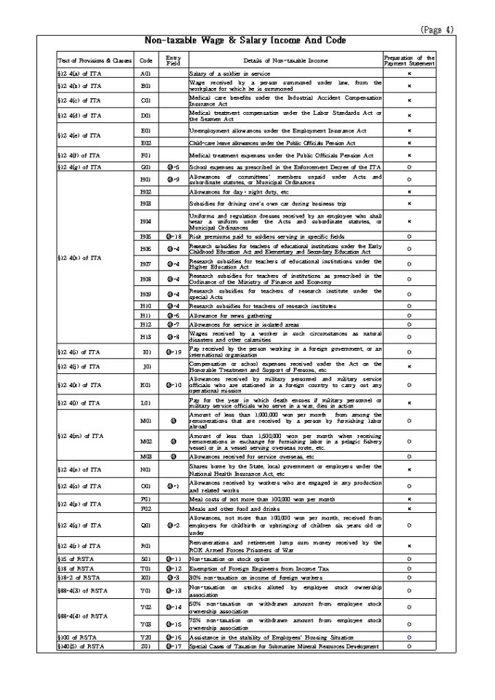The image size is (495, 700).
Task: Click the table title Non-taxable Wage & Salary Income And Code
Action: point(245,41)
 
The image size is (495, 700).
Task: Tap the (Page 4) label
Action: point(437,30)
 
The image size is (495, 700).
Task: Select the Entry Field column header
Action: point(173,59)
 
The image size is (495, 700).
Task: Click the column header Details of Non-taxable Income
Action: point(285,60)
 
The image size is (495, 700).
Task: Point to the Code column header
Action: point(146,60)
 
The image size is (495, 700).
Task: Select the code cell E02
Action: point(146,143)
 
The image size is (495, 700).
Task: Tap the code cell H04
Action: point(146,221)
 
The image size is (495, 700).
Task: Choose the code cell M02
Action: point(146,441)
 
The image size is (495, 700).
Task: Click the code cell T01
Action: point(146,568)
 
